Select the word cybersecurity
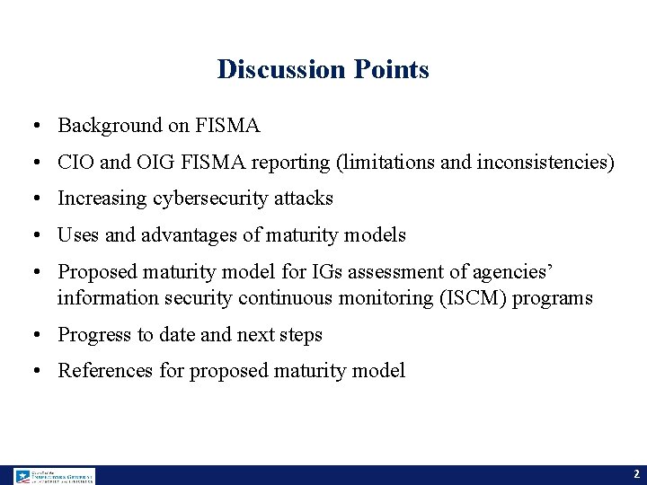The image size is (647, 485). [x=204, y=198]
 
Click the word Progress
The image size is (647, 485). [x=94, y=335]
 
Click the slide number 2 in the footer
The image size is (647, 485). [x=635, y=474]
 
